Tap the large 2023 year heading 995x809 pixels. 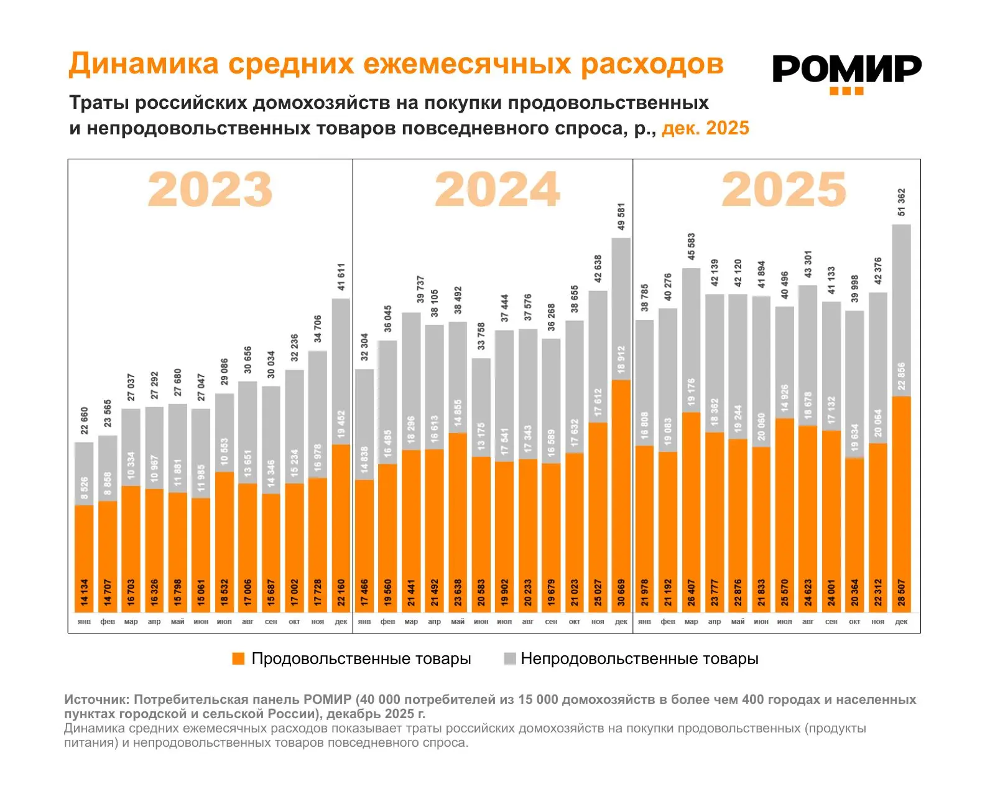coord(210,189)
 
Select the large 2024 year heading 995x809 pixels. coord(497,189)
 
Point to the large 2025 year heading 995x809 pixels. coord(784,189)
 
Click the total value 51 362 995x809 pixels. coord(902,202)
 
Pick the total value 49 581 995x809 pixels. coord(621,217)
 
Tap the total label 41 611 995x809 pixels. coord(341,277)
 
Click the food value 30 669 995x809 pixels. coord(621,592)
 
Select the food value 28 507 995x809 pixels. coord(902,592)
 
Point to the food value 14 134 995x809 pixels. coord(85,592)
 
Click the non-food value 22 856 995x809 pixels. coord(902,376)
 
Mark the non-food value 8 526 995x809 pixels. coord(85,489)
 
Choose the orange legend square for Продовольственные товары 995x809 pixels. coord(238,659)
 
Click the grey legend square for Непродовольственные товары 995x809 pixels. coord(510,659)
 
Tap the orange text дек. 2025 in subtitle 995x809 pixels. coord(705,128)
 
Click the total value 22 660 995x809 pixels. coord(85,421)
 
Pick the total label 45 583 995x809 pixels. coord(692,246)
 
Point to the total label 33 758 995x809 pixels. coord(481,336)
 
